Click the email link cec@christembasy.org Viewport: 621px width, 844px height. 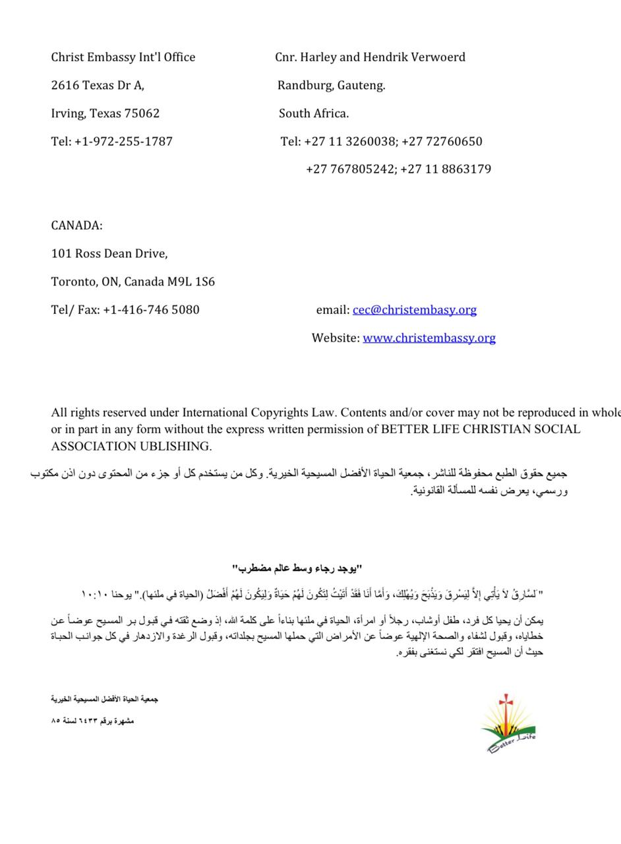pos(414,310)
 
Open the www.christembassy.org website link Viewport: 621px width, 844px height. pos(429,338)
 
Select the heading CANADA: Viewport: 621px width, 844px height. pos(76,226)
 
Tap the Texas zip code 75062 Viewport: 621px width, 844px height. pos(142,113)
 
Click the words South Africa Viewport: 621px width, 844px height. pos(314,113)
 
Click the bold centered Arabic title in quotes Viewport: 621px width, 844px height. pos(297,568)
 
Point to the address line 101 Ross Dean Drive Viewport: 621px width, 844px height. pos(109,254)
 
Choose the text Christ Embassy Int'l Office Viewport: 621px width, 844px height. pos(123,57)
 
